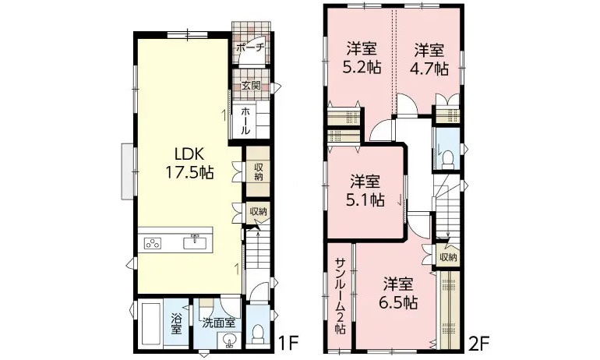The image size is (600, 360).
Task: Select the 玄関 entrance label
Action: click(x=250, y=85)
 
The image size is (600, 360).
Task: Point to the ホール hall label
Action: click(x=245, y=120)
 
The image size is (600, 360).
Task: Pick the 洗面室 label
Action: click(x=219, y=322)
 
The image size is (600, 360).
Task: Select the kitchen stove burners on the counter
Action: click(x=153, y=242)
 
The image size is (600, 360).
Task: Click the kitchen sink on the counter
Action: click(x=192, y=242)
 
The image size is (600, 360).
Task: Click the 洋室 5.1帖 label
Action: click(x=365, y=190)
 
